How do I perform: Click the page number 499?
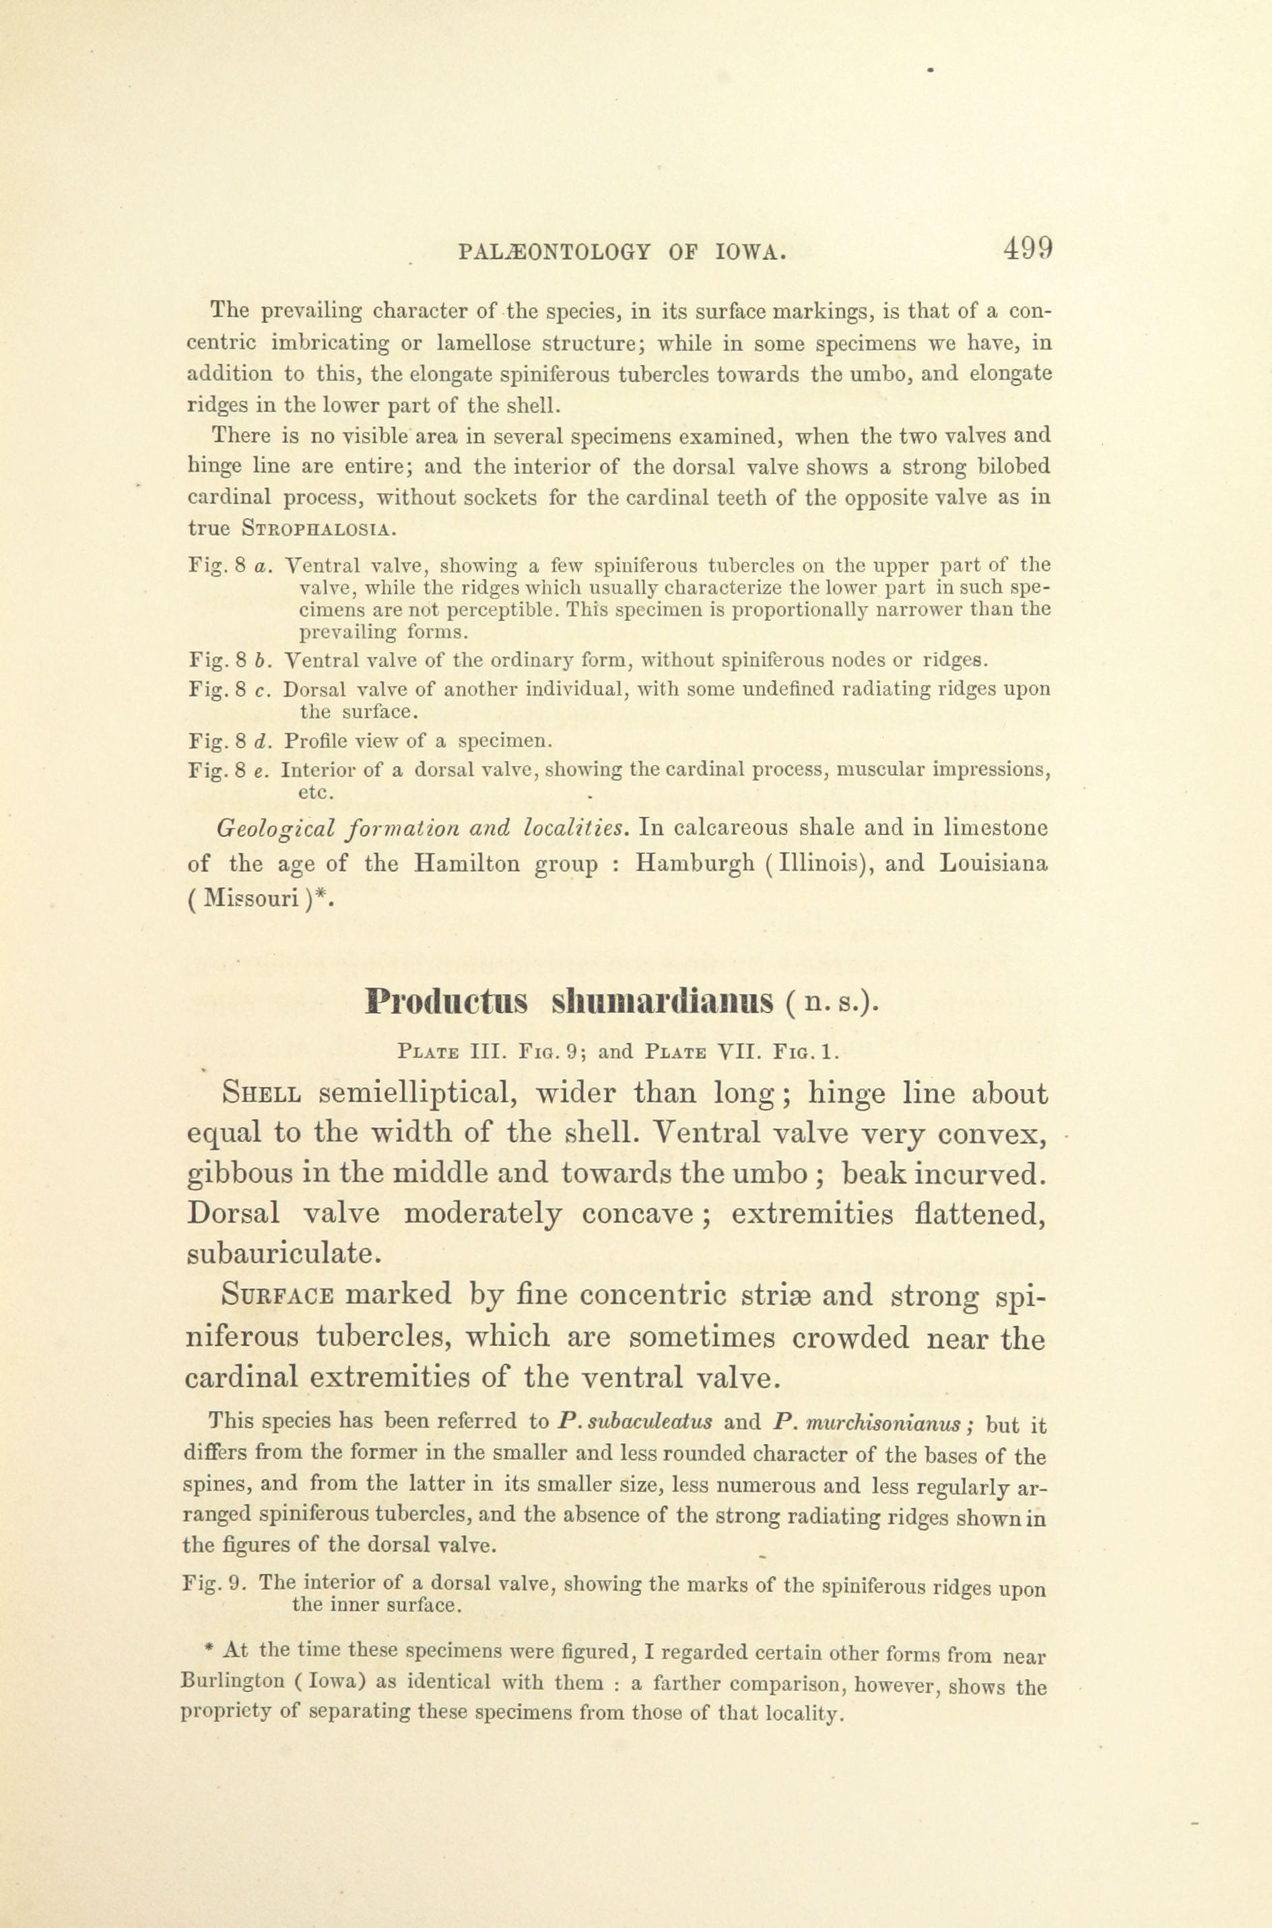coord(1027,246)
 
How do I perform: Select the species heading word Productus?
coord(447,1003)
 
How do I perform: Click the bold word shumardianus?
coord(662,1003)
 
